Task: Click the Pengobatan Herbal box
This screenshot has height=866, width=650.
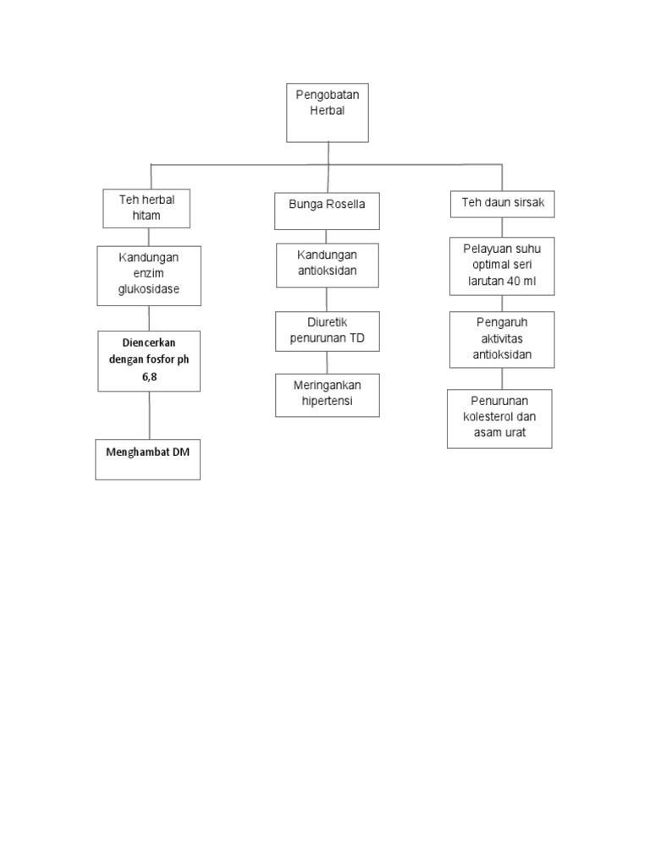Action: [328, 112]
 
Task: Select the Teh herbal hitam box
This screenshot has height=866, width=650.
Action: [146, 208]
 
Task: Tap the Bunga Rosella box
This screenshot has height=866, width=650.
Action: [327, 211]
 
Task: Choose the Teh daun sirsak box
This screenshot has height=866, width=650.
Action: [502, 204]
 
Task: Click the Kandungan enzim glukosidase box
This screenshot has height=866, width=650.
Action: [149, 276]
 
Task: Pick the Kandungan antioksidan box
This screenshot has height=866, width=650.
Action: [327, 266]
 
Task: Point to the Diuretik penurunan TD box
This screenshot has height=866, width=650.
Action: [327, 331]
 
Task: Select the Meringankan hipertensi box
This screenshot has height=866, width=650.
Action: [327, 395]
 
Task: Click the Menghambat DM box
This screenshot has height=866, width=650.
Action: [147, 458]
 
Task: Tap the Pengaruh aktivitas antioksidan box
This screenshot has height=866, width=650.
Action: [502, 339]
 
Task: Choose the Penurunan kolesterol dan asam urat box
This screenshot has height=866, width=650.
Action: [499, 419]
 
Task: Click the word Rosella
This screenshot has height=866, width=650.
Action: [346, 205]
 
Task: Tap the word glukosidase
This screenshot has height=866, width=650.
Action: [149, 290]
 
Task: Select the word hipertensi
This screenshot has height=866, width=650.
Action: [327, 401]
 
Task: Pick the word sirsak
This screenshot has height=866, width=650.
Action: [526, 203]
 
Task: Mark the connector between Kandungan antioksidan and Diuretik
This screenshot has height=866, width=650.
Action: [327, 299]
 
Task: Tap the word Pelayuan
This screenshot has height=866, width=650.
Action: [483, 249]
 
